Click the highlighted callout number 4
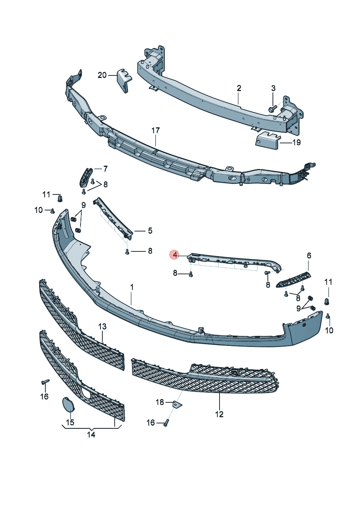tap(175, 255)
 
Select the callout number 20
tap(102, 75)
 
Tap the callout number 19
tap(296, 142)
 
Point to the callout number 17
tap(156, 131)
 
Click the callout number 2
tap(239, 88)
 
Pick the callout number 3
tap(273, 88)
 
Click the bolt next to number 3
tap(273, 108)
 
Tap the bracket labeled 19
tap(268, 140)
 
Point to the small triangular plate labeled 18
tap(177, 409)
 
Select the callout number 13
tap(102, 327)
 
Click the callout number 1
tap(132, 287)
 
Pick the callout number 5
tap(150, 231)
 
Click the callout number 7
tap(105, 169)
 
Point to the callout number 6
tap(309, 256)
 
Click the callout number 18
tap(160, 402)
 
